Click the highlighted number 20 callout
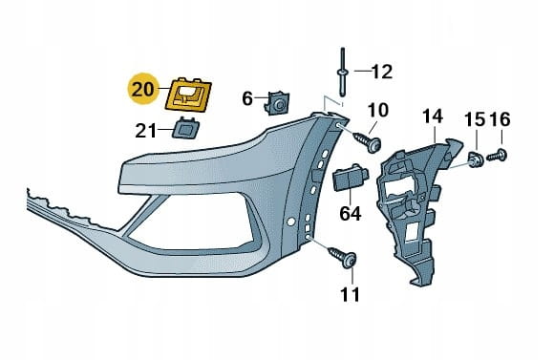click(x=143, y=89)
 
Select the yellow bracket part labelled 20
click(x=189, y=95)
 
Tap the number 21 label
click(x=145, y=131)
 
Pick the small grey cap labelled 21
click(x=185, y=128)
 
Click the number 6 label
click(x=247, y=98)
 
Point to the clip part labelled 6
click(x=277, y=103)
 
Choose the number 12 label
click(x=382, y=72)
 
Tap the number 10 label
click(x=378, y=110)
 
